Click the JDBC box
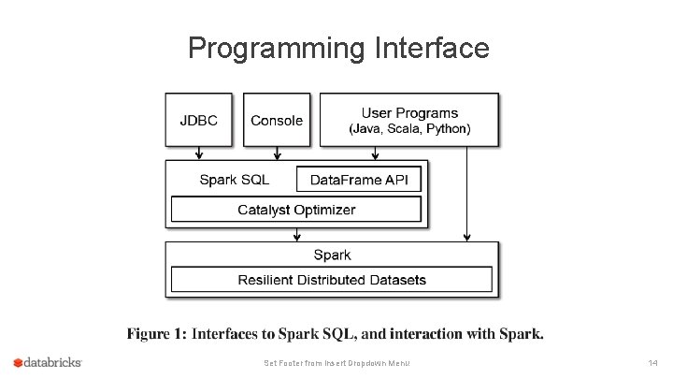[198, 120]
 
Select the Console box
[277, 120]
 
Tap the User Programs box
[409, 120]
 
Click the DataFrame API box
[359, 180]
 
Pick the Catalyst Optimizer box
[296, 210]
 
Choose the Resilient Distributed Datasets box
[331, 280]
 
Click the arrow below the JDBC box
[199, 153]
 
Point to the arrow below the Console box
[278, 153]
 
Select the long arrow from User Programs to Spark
[466, 192]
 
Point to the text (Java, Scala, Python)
[409, 128]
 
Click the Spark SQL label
[235, 180]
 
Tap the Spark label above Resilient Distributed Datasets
[332, 255]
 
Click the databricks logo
[48, 362]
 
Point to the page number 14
[652, 362]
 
